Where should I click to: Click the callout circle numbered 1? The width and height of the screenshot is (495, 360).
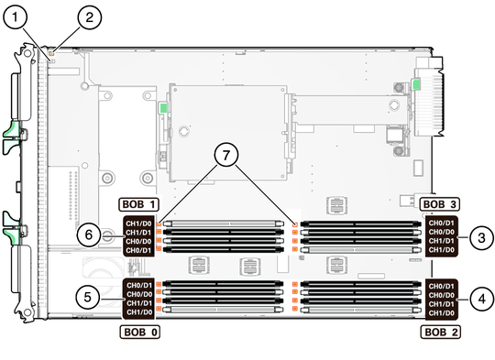(x=15, y=17)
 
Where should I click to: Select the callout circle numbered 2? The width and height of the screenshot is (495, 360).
(x=90, y=17)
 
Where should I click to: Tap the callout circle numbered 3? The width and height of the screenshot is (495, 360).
(x=481, y=237)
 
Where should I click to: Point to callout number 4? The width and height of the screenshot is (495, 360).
(x=482, y=299)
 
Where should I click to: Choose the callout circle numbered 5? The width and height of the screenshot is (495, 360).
(x=88, y=297)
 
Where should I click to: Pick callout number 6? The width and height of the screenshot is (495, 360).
(x=89, y=235)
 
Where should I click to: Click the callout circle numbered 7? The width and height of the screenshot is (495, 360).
(x=226, y=155)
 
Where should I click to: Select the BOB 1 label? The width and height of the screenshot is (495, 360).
(x=138, y=204)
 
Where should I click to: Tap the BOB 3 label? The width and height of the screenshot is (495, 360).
(x=439, y=204)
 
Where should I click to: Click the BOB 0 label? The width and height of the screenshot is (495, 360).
(x=140, y=332)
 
